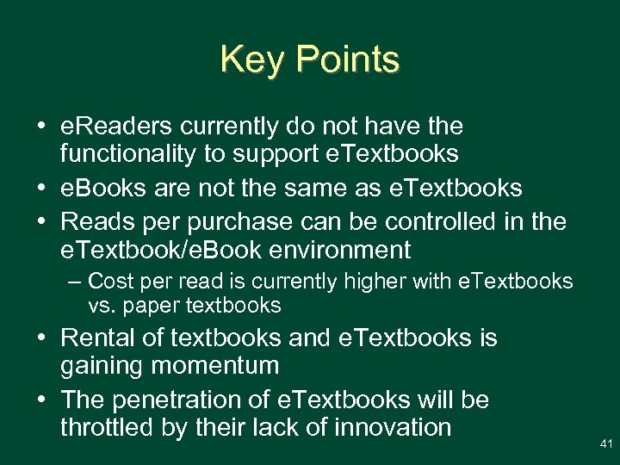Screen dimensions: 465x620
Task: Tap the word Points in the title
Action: pos(349,60)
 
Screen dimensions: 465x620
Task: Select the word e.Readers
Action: pos(115,127)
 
